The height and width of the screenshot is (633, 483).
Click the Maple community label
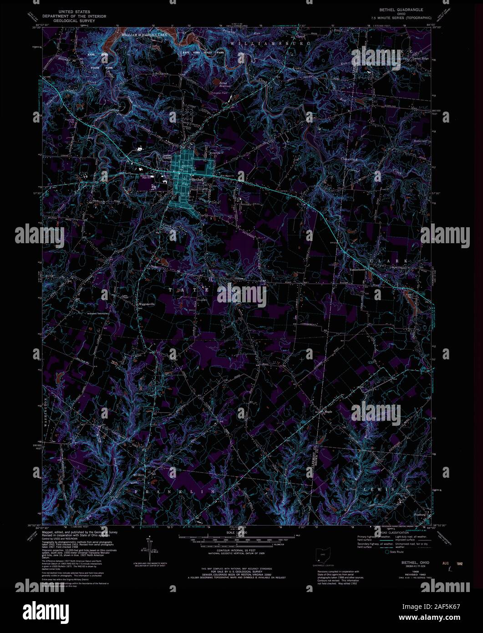328,412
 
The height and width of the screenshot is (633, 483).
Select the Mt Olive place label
138,475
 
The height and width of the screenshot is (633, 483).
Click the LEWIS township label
378,489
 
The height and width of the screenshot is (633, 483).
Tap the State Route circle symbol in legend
387,551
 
